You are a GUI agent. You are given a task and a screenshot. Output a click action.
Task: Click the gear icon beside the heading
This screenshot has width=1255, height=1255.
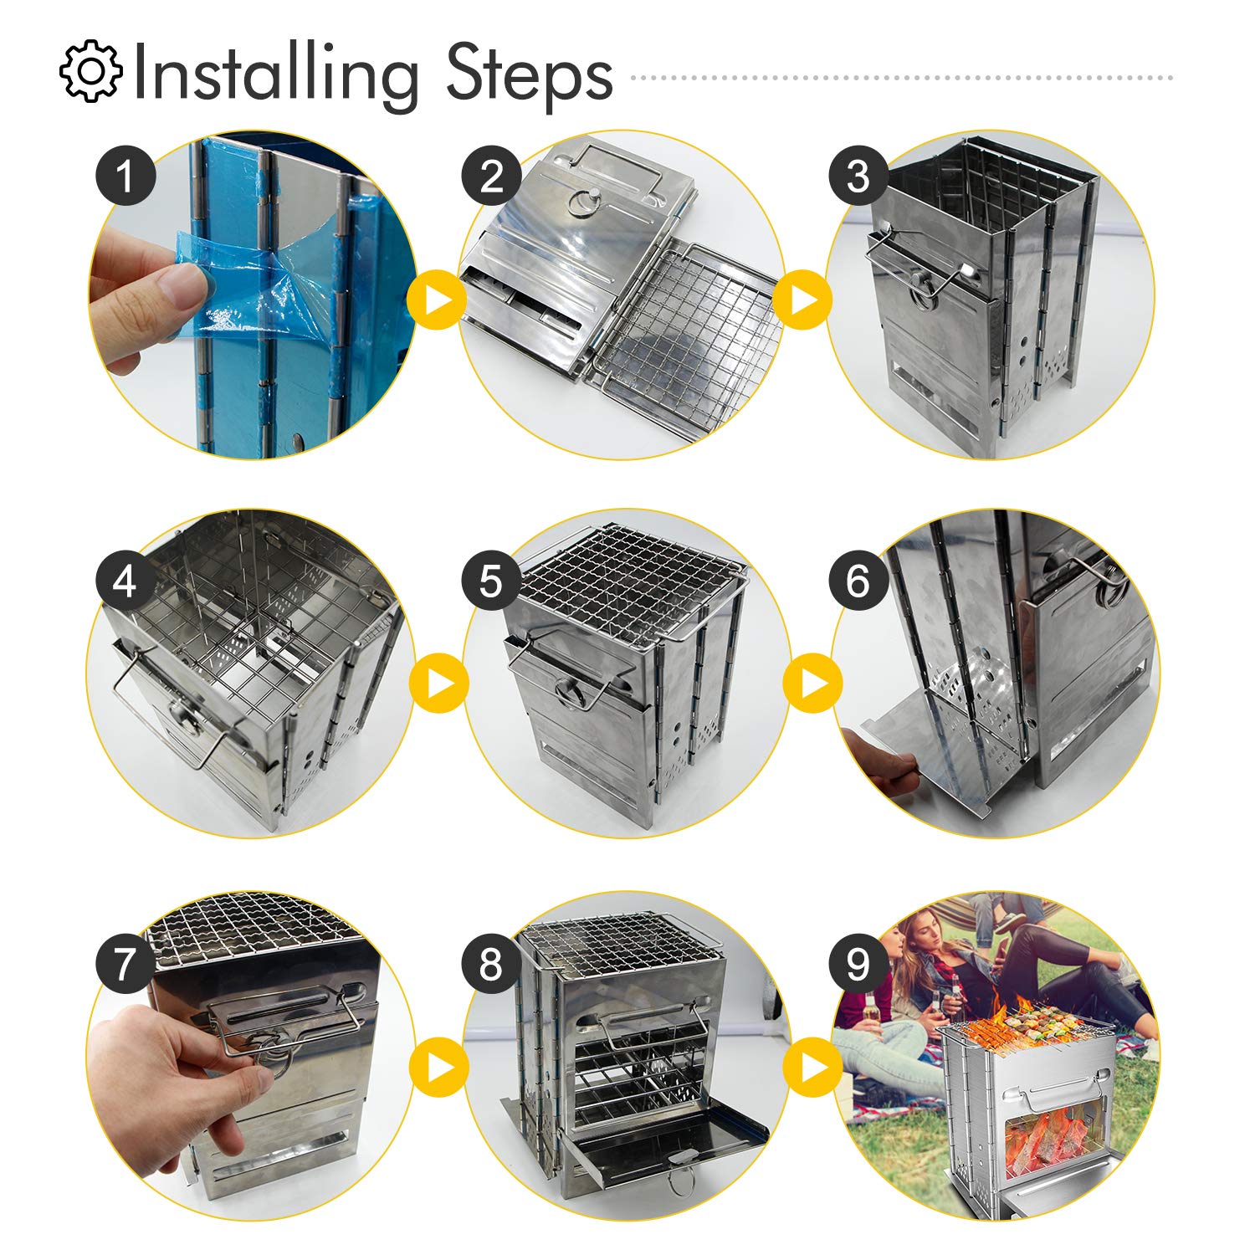(90, 72)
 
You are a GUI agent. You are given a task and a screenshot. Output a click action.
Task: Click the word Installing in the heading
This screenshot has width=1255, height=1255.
(274, 75)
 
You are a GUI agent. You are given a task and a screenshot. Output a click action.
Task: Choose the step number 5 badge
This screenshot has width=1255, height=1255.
(491, 581)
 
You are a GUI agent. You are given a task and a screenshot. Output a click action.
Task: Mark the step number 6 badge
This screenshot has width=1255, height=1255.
(858, 581)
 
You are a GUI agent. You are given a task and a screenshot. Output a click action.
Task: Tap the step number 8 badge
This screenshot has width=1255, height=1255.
(491, 964)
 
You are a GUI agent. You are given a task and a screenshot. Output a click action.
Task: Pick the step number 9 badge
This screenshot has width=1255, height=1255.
(858, 964)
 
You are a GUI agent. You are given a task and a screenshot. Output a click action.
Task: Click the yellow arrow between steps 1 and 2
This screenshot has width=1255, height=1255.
(438, 300)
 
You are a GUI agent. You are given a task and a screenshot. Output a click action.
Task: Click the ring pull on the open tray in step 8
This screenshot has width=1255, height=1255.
(679, 1178)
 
